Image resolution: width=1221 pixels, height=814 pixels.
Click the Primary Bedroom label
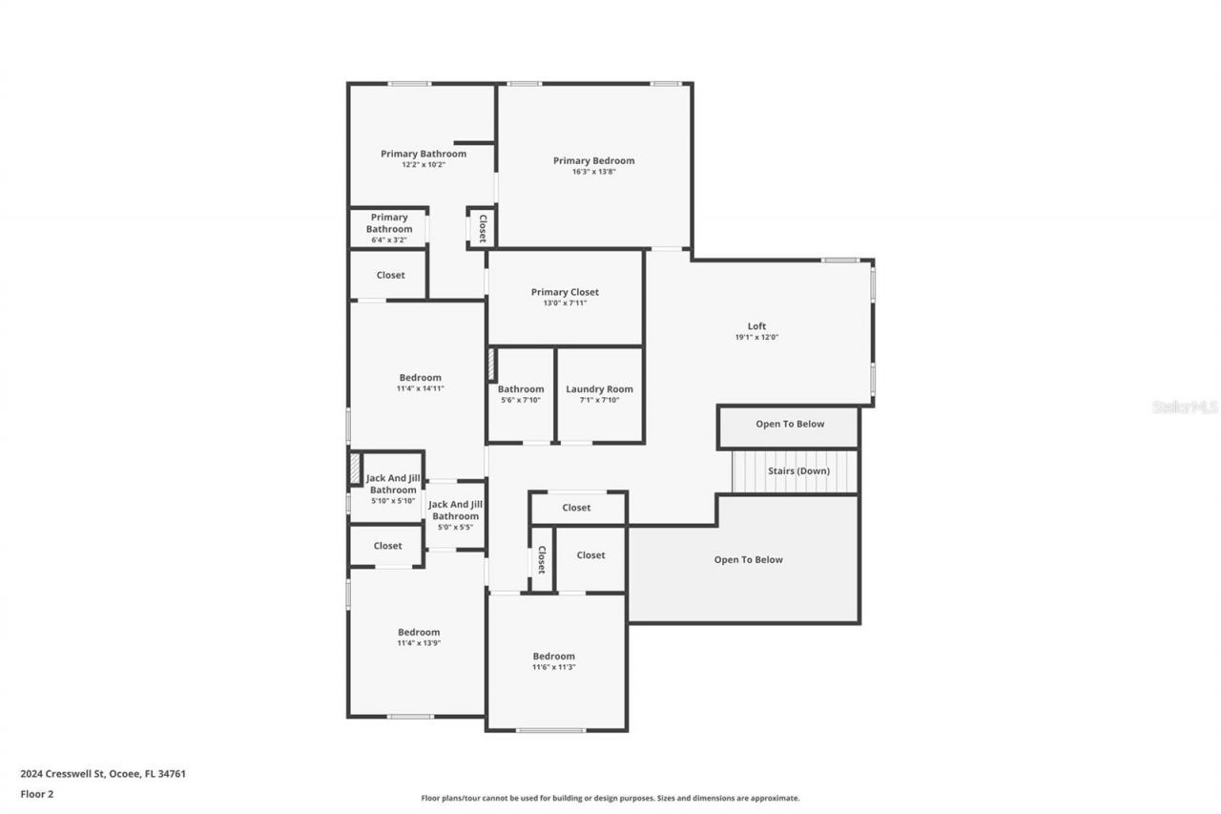(x=593, y=161)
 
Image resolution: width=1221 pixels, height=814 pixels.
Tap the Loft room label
(x=756, y=326)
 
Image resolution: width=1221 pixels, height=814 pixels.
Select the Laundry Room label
(x=599, y=389)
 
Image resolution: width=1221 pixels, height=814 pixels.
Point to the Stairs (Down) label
(x=798, y=471)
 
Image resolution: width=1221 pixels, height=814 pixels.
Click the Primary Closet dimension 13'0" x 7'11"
(x=565, y=303)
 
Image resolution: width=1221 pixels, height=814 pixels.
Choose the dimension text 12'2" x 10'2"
(x=423, y=165)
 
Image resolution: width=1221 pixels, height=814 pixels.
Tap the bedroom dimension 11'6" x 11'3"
(x=553, y=667)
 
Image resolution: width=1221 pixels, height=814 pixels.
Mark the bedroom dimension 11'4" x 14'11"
(x=420, y=388)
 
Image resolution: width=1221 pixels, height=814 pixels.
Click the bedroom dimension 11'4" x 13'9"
(x=419, y=643)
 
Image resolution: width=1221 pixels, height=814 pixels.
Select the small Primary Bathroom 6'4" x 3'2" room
(x=389, y=228)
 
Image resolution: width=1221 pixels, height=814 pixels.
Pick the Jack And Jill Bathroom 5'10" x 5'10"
(x=393, y=488)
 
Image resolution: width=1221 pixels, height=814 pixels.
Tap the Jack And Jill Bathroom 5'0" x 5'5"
(x=455, y=514)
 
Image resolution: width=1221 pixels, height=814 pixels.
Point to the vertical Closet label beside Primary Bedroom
(x=482, y=228)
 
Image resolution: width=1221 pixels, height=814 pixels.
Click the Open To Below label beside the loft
(x=790, y=425)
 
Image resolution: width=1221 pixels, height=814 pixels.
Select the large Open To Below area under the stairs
(x=748, y=560)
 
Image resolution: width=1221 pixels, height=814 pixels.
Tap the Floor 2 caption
(x=37, y=793)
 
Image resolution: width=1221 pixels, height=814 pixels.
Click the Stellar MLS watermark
(x=1185, y=407)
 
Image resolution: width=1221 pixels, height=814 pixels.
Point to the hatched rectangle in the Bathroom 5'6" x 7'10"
(x=492, y=365)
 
